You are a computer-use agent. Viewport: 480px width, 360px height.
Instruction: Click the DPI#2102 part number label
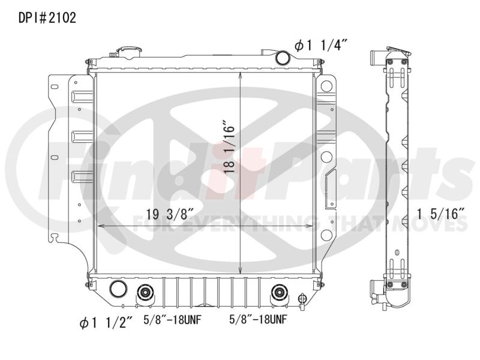pyautogui.click(x=47, y=18)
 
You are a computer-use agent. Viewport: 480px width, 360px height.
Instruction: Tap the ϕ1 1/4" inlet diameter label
pyautogui.click(x=321, y=46)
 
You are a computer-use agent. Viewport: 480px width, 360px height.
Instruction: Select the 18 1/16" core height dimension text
pyautogui.click(x=229, y=148)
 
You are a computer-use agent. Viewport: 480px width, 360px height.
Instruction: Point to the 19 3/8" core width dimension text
pyautogui.click(x=170, y=214)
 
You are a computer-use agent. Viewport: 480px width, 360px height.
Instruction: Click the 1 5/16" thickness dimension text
pyautogui.click(x=441, y=214)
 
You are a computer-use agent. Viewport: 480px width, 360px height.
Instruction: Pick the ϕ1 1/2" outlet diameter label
pyautogui.click(x=106, y=323)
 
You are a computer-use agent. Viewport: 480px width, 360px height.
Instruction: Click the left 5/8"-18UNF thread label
pyautogui.click(x=172, y=320)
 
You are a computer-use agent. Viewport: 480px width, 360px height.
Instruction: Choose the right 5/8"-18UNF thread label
pyautogui.click(x=258, y=320)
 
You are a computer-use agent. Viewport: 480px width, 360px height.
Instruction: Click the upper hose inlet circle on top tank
pyautogui.click(x=282, y=58)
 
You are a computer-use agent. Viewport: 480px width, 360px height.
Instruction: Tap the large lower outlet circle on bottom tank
pyautogui.click(x=118, y=289)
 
